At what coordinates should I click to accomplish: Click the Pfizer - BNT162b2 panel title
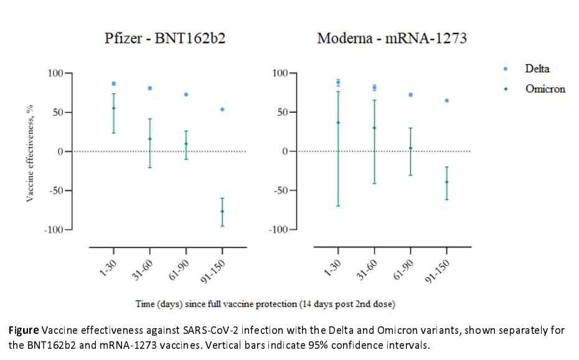(x=164, y=39)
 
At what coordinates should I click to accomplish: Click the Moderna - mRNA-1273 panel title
(x=392, y=39)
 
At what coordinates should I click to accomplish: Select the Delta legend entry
(x=537, y=69)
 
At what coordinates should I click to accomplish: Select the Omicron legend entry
(x=545, y=89)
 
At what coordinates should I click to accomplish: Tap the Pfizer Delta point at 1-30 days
(x=113, y=83)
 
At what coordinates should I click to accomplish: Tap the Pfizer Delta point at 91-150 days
(x=222, y=110)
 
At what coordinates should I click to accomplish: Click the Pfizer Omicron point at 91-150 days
(x=222, y=211)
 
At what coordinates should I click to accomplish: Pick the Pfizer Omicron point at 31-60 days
(x=150, y=139)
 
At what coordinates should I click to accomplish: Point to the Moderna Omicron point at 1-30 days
(x=338, y=123)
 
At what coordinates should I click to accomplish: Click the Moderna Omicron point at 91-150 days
(x=446, y=182)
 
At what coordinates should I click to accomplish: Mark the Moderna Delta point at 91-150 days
(x=446, y=100)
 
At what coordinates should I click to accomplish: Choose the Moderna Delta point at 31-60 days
(x=374, y=88)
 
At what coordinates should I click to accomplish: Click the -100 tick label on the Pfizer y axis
(x=54, y=230)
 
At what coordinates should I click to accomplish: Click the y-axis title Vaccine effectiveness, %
(x=29, y=153)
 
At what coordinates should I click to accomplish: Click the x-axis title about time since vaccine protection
(x=265, y=305)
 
